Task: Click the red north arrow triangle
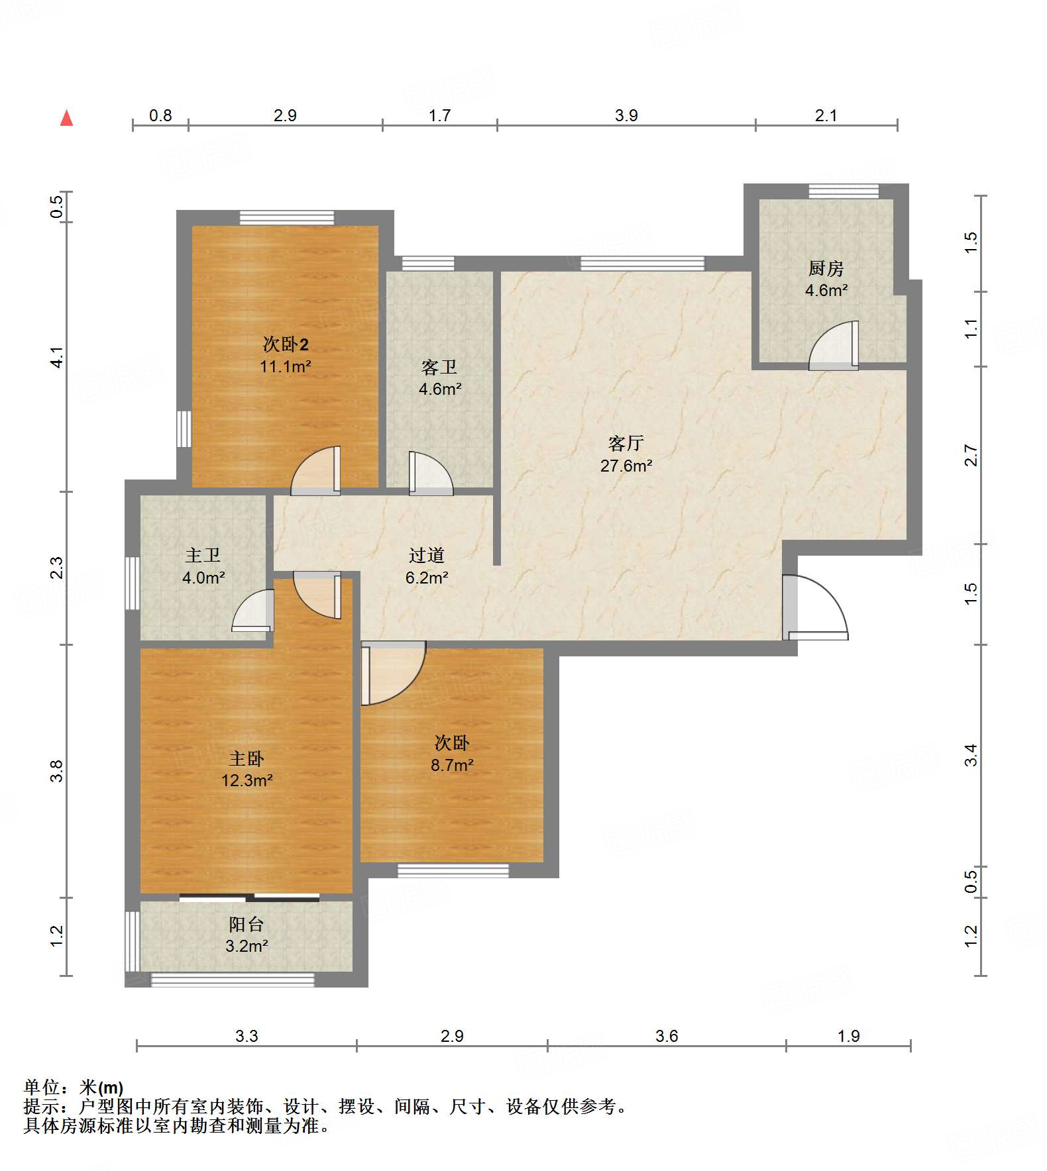pyautogui.click(x=66, y=118)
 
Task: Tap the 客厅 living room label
pyautogui.click(x=626, y=443)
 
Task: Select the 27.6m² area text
pyautogui.click(x=626, y=466)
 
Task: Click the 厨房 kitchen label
pyautogui.click(x=826, y=268)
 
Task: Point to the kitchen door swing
pyautogui.click(x=834, y=345)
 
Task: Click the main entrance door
pyautogui.click(x=814, y=607)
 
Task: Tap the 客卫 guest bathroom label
pyautogui.click(x=439, y=367)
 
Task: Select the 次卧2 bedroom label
pyautogui.click(x=286, y=344)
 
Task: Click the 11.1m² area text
pyautogui.click(x=286, y=366)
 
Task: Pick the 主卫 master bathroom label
pyautogui.click(x=203, y=555)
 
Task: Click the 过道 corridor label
pyautogui.click(x=426, y=555)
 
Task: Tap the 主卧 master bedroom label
pyautogui.click(x=247, y=758)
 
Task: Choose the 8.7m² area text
pyautogui.click(x=452, y=765)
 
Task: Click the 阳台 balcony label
pyautogui.click(x=247, y=924)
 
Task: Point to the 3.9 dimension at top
pyautogui.click(x=626, y=115)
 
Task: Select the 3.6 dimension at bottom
pyautogui.click(x=667, y=1036)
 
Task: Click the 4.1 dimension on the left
pyautogui.click(x=57, y=358)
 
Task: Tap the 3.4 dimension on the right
pyautogui.click(x=971, y=755)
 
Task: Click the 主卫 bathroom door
pyautogui.click(x=253, y=611)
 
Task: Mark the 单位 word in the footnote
pyautogui.click(x=42, y=1088)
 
